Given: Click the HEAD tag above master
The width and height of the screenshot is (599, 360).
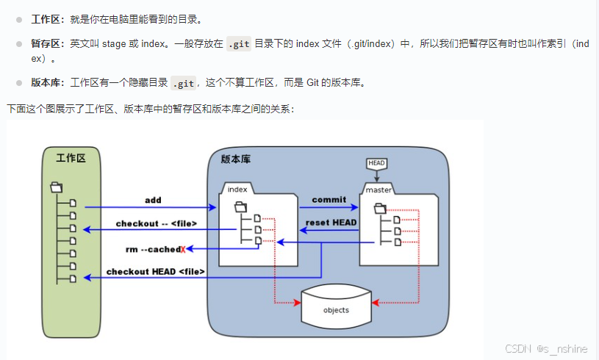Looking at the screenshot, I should (376, 163).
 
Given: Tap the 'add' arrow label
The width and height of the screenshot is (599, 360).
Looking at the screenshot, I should (153, 200).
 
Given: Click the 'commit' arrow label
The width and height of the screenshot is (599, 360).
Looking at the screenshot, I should (329, 200).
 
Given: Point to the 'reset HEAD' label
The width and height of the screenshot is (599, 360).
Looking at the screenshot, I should (331, 223).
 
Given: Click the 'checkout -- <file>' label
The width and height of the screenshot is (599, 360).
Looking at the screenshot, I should (154, 223).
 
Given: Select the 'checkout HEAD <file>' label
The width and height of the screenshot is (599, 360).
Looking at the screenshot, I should (155, 271).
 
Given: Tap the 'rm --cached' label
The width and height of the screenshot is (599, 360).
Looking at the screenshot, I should (152, 249).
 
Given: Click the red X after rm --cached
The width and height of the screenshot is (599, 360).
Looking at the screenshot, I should (183, 249).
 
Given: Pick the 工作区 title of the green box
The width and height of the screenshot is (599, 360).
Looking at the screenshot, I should (71, 157).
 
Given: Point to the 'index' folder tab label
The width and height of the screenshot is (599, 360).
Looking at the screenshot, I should (237, 189).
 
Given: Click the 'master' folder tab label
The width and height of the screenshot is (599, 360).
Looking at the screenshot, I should (379, 190).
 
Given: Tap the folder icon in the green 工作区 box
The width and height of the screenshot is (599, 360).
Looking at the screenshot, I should (56, 187).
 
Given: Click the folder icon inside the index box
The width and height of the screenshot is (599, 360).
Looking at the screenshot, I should (240, 206).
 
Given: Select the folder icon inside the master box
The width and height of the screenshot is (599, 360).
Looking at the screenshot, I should (379, 209).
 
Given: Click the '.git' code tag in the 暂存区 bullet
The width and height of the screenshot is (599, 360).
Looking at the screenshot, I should (239, 44).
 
